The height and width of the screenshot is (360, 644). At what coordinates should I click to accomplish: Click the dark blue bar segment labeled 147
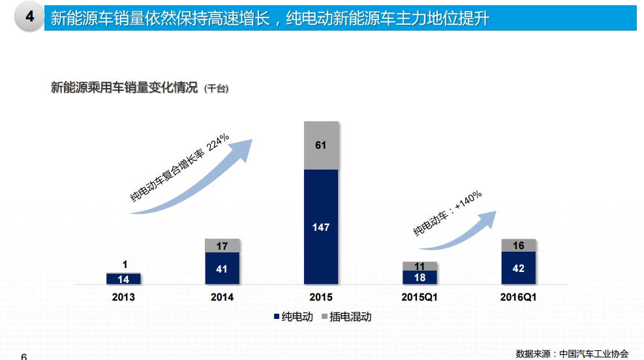321,227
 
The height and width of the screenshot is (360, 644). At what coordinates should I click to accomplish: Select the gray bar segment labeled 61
321,145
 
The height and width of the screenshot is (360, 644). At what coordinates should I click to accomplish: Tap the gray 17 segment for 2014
222,246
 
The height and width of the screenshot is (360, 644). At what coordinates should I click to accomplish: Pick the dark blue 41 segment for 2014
222,269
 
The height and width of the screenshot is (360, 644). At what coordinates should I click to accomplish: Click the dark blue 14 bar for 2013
123,279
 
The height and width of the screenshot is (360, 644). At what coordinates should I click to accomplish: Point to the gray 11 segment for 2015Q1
420,266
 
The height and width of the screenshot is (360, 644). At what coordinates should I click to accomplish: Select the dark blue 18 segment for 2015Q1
420,278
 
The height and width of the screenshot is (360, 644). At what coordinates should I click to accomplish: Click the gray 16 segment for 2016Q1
519,245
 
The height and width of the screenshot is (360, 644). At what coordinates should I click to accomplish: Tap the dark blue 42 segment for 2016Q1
519,268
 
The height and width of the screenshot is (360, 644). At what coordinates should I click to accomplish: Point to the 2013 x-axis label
123,297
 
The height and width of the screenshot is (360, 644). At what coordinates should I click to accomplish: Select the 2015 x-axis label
321,297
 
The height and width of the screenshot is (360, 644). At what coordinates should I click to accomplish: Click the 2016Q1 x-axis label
519,297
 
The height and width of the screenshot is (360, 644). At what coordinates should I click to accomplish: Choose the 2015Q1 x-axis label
420,297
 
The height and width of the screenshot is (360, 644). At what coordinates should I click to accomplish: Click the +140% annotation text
468,202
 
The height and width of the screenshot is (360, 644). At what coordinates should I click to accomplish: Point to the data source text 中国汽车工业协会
594,353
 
